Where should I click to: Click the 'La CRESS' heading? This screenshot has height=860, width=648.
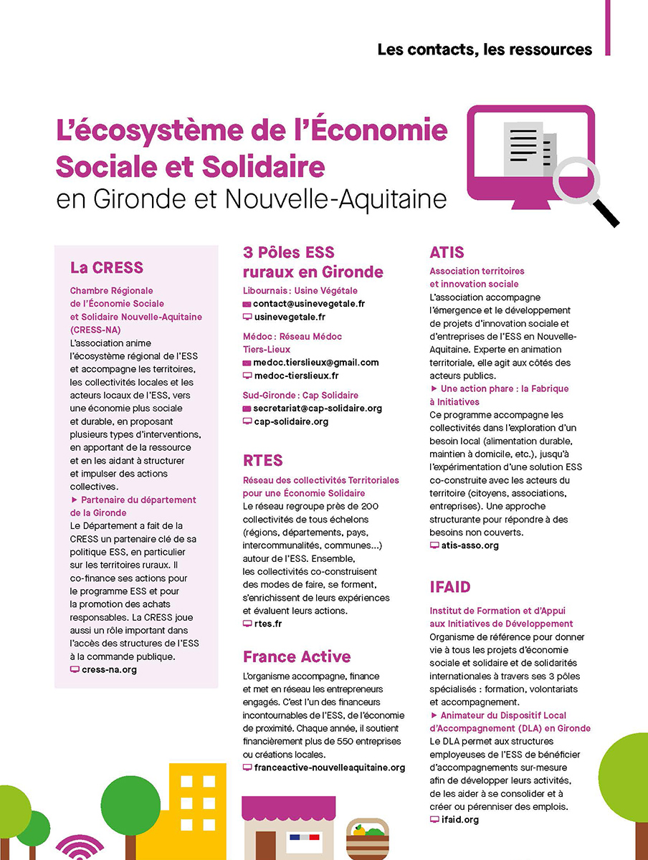pyautogui.click(x=107, y=268)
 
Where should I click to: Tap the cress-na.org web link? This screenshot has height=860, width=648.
pyautogui.click(x=109, y=669)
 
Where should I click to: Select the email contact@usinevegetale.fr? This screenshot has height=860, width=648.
pyautogui.click(x=309, y=304)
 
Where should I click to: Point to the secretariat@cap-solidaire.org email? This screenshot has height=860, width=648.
pyautogui.click(x=318, y=408)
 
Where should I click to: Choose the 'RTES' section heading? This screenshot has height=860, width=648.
pyautogui.click(x=262, y=460)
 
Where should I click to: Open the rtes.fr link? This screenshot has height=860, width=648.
pyautogui.click(x=268, y=624)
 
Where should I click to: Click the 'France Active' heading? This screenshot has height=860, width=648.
pyautogui.click(x=297, y=657)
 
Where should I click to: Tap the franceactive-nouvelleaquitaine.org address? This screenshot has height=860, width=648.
pyautogui.click(x=329, y=768)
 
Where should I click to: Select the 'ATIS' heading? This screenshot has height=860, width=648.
pyautogui.click(x=447, y=252)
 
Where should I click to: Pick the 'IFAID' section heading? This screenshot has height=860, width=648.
pyautogui.click(x=450, y=588)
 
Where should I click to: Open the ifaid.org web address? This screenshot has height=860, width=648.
pyautogui.click(x=459, y=819)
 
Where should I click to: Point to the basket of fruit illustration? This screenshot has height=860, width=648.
pyautogui.click(x=368, y=839)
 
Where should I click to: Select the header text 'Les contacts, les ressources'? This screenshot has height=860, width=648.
pyautogui.click(x=485, y=50)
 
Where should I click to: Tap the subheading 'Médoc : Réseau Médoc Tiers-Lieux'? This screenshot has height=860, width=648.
pyautogui.click(x=292, y=343)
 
